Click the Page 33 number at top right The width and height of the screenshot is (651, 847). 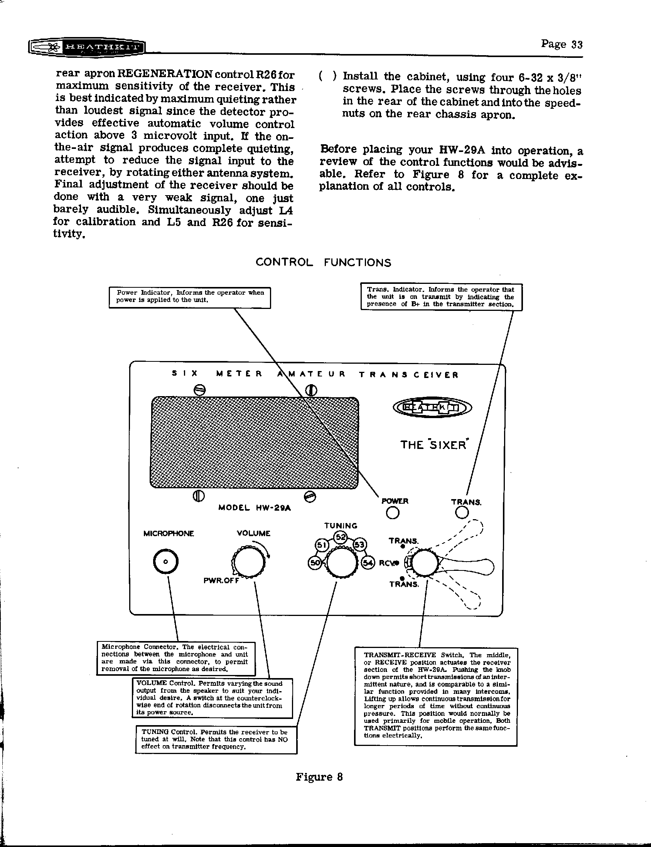pyautogui.click(x=562, y=44)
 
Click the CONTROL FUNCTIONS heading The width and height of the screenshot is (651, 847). pyautogui.click(x=323, y=263)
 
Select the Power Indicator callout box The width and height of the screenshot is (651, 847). pyautogui.click(x=189, y=297)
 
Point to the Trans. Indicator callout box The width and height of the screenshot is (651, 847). pyautogui.click(x=441, y=297)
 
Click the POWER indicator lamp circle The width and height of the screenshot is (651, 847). pyautogui.click(x=393, y=513)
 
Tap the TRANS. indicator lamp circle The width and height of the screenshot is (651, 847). pyautogui.click(x=462, y=513)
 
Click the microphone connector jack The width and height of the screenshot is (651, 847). pyautogui.click(x=166, y=562)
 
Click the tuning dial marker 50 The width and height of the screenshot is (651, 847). pyautogui.click(x=314, y=563)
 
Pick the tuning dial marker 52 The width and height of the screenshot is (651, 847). pyautogui.click(x=341, y=537)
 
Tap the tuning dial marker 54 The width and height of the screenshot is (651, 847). pyautogui.click(x=368, y=563)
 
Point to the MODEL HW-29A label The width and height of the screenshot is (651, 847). pyautogui.click(x=255, y=508)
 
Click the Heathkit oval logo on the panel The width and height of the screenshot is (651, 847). pyautogui.click(x=432, y=407)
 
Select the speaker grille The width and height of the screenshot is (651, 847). pyautogui.click(x=254, y=442)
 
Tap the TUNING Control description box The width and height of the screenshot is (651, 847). pyautogui.click(x=216, y=739)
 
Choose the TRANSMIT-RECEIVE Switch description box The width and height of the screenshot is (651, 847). pyautogui.click(x=435, y=695)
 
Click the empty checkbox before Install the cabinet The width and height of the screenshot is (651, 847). pyautogui.click(x=327, y=76)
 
